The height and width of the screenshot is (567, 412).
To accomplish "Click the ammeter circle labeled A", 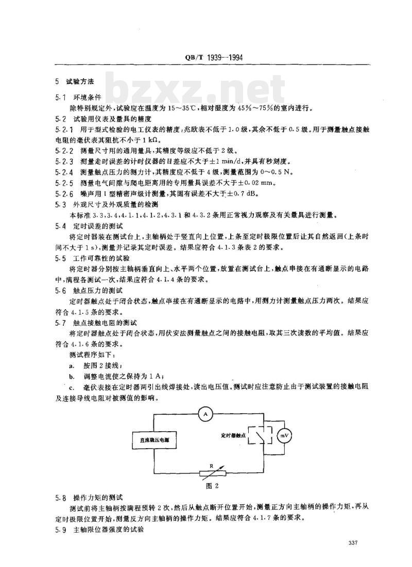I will tap(205, 414).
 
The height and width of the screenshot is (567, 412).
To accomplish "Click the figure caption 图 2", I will tap(207, 485).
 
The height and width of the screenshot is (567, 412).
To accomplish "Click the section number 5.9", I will tap(61, 528).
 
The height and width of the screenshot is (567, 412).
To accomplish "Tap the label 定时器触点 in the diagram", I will tap(230, 435).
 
